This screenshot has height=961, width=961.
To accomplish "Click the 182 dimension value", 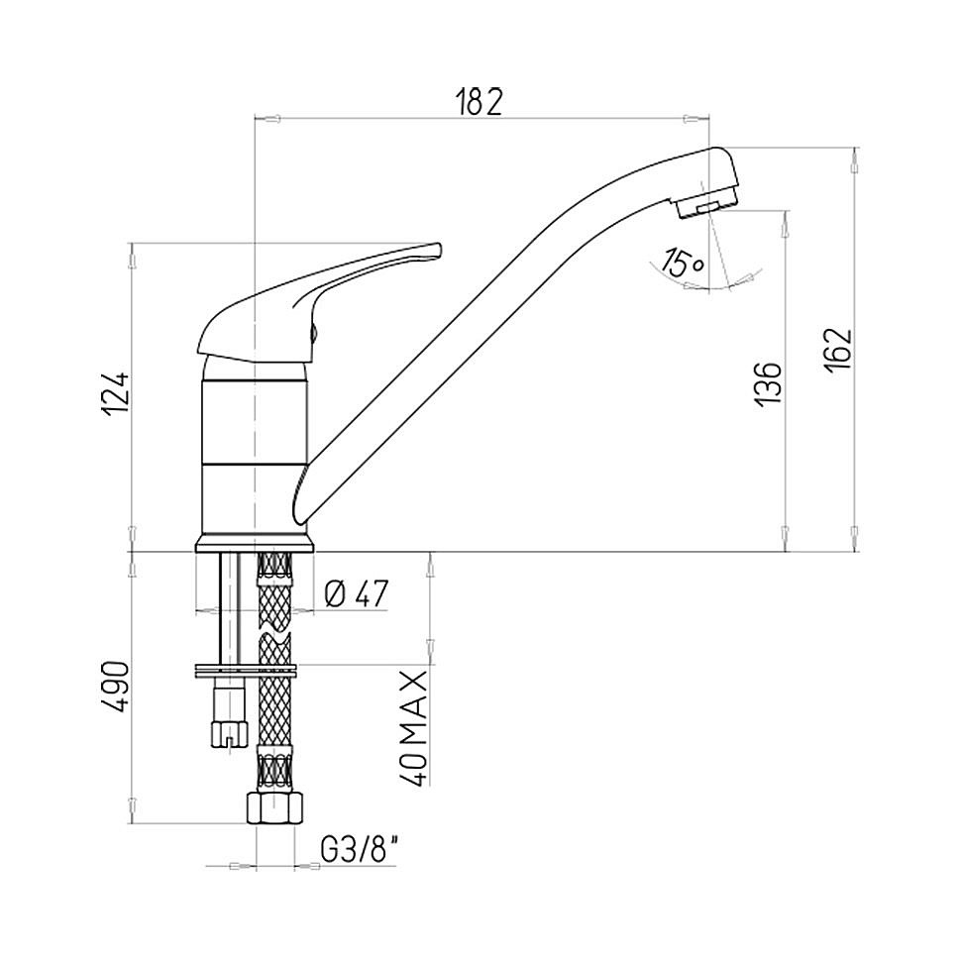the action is pyautogui.click(x=480, y=102).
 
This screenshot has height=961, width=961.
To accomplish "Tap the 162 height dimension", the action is pyautogui.click(x=838, y=350).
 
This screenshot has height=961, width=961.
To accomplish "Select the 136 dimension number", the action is pyautogui.click(x=769, y=383).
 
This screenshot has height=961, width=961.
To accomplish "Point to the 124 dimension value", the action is pyautogui.click(x=115, y=392).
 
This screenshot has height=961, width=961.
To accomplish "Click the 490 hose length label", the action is pyautogui.click(x=115, y=687).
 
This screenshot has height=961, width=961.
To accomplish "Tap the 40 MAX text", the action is pyautogui.click(x=413, y=728).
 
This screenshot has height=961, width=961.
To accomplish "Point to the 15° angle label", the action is pyautogui.click(x=685, y=264).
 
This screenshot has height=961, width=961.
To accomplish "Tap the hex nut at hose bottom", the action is pyautogui.click(x=275, y=808).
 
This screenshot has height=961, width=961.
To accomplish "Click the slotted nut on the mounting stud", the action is pyautogui.click(x=229, y=733).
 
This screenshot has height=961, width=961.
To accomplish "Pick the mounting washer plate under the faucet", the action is pyautogui.click(x=245, y=670).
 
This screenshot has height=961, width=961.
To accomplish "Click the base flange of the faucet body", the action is pyautogui.click(x=255, y=543).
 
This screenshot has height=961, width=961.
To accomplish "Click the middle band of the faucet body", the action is pyautogui.click(x=254, y=422).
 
